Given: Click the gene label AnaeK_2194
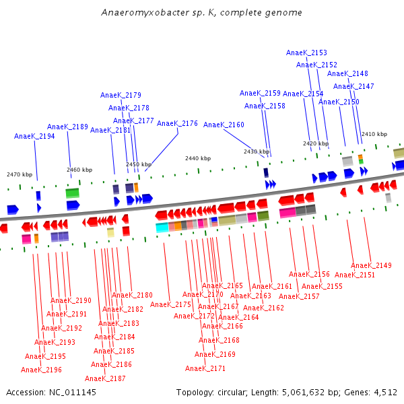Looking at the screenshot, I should pyautogui.click(x=34, y=136).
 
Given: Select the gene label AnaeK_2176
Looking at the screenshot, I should pyautogui.click(x=177, y=123).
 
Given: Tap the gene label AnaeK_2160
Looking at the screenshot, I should pyautogui.click(x=224, y=125).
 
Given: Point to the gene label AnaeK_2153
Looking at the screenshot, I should pyautogui.click(x=306, y=53).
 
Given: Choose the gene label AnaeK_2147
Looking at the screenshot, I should pyautogui.click(x=353, y=86).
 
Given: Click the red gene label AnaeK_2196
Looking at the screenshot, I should pyautogui.click(x=41, y=370).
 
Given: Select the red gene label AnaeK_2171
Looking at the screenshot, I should pyautogui.click(x=205, y=368).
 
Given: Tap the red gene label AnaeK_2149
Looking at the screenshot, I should pyautogui.click(x=371, y=265).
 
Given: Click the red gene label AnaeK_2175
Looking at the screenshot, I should pyautogui.click(x=170, y=304).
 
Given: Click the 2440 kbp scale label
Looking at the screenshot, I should pyautogui.click(x=198, y=158).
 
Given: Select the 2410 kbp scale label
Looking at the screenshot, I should pyautogui.click(x=374, y=134).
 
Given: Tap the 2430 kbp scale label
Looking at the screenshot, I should pyautogui.click(x=257, y=151).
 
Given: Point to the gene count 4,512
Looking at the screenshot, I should pyautogui.click(x=384, y=392).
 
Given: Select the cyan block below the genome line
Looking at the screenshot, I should pyautogui.click(x=162, y=228).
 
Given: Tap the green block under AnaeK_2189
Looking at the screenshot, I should pyautogui.click(x=72, y=193).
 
